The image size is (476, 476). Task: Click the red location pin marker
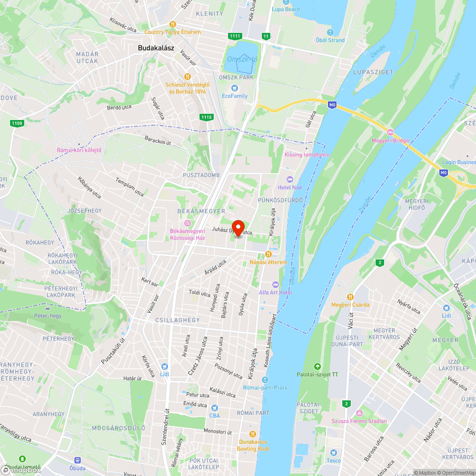(x=238, y=228)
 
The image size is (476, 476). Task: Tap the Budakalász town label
(x=156, y=48)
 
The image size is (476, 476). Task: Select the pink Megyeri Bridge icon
(x=390, y=132)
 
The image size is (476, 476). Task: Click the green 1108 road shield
(x=16, y=123)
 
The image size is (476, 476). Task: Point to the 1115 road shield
(x=206, y=117)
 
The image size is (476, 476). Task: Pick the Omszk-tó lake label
(x=242, y=59)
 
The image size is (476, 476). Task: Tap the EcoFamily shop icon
(x=234, y=88)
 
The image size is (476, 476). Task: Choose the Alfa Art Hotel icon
(x=275, y=284)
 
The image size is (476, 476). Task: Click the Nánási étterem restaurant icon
(x=268, y=254)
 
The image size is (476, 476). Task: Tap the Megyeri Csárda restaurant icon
(x=350, y=297)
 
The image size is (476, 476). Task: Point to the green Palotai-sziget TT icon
(x=317, y=367)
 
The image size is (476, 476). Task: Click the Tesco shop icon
(x=334, y=452)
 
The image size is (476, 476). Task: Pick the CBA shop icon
(x=215, y=407)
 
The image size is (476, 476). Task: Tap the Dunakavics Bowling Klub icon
(x=253, y=434)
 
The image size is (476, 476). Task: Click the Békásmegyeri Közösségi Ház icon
(x=188, y=223)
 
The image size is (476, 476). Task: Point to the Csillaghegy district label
(x=178, y=320)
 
